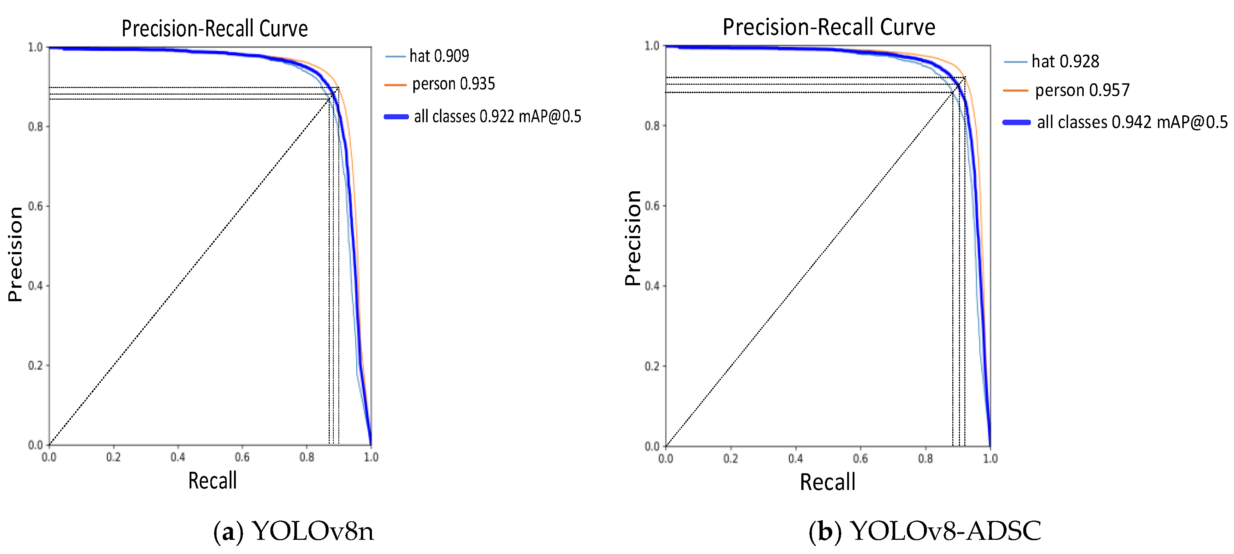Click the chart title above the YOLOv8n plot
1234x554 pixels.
(x=215, y=28)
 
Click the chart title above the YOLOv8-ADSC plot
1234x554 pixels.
(x=829, y=27)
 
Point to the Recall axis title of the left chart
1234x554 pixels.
(x=212, y=480)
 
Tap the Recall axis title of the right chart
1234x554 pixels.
(x=827, y=482)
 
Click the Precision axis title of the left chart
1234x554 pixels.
(x=15, y=254)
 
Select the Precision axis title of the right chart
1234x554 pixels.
(x=632, y=238)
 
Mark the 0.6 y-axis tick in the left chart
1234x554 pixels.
(x=35, y=206)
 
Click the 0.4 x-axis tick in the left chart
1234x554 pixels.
(x=178, y=457)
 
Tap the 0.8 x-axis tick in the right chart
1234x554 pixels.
(x=925, y=459)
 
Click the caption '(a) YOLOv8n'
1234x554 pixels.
(x=293, y=531)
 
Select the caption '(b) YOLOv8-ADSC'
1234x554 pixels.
(x=925, y=531)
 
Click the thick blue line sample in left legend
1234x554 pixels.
(x=396, y=117)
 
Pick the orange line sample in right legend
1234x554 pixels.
(x=1016, y=90)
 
